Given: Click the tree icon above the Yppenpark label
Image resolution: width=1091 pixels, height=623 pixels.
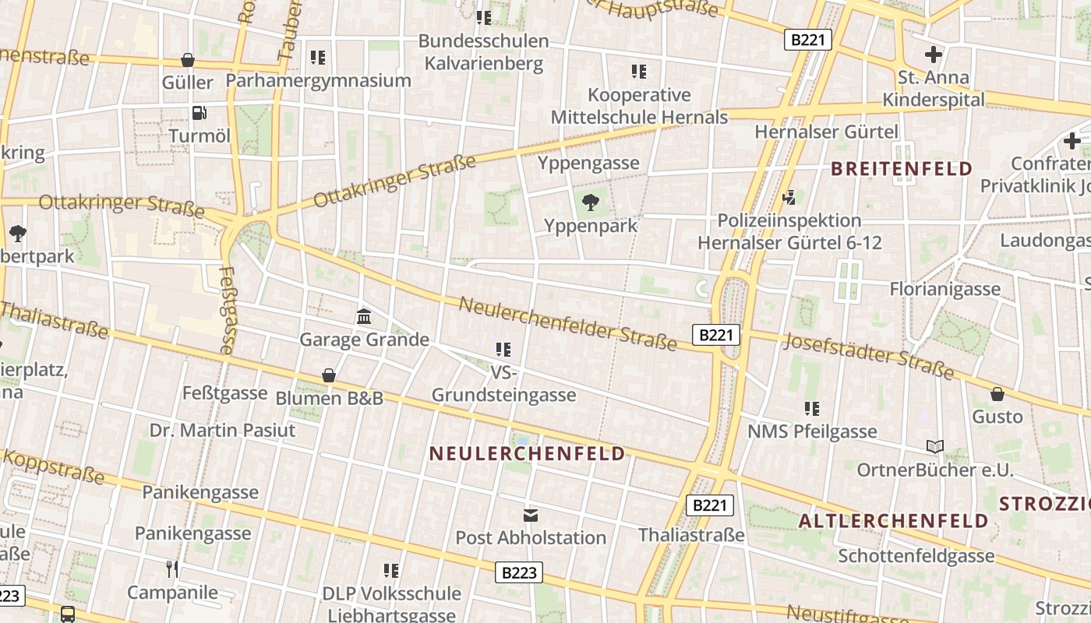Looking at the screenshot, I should [x=591, y=203].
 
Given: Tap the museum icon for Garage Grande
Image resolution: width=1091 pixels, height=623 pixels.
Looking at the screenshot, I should [x=364, y=316].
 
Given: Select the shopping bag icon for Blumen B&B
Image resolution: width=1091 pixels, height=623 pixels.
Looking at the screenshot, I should [x=329, y=375].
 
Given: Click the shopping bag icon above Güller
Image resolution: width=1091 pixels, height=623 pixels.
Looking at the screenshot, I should [x=188, y=60].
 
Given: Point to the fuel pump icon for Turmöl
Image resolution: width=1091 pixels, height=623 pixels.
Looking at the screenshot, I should [x=199, y=113].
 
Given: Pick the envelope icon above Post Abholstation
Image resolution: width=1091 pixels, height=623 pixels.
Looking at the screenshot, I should [x=531, y=515].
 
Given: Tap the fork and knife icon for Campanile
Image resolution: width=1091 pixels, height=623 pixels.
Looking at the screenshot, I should [x=172, y=569].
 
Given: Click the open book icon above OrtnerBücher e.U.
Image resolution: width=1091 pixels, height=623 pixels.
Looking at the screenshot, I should [x=935, y=447].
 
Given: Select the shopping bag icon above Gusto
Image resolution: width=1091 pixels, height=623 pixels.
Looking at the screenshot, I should [x=997, y=394].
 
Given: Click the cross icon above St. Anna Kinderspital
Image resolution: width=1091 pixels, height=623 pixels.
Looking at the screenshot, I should [x=933, y=55].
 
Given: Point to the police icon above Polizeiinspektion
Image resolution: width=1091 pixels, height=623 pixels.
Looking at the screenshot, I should [x=789, y=197].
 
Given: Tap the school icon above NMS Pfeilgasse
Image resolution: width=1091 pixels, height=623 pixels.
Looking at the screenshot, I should [x=812, y=408].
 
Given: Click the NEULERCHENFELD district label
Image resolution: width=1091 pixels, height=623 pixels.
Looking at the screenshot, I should [x=528, y=453].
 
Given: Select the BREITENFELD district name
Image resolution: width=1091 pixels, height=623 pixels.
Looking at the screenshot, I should [x=902, y=168].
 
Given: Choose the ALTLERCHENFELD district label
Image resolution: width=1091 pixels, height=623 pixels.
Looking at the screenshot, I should [x=893, y=521].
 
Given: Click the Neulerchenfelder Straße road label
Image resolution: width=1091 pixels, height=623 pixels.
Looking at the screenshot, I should [x=567, y=323].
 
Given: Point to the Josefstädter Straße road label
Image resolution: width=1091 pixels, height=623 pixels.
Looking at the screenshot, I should [x=869, y=356].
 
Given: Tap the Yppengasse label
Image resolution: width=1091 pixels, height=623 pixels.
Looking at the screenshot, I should [x=588, y=163].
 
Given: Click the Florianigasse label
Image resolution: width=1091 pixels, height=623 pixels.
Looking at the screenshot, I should [x=945, y=290].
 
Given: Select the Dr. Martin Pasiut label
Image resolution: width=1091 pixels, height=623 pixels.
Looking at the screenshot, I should [x=223, y=431].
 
